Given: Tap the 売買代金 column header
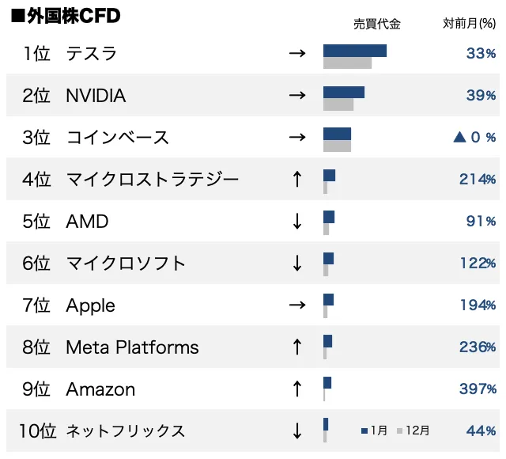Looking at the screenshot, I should [377, 24].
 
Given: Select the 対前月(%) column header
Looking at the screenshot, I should [469, 24].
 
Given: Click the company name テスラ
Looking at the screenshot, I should [92, 54].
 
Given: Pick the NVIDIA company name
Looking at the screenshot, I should [96, 96].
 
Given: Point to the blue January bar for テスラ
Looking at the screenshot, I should [354, 51].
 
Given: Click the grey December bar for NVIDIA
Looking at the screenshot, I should [338, 104].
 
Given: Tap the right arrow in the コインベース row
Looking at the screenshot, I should [297, 138].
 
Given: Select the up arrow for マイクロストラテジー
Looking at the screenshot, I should [297, 180].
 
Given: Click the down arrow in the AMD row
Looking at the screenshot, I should [297, 222].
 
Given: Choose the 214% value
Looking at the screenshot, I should [478, 180].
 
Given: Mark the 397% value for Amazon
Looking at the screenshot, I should [478, 389].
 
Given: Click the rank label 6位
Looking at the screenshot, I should [36, 264].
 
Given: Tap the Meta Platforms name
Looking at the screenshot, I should [132, 347].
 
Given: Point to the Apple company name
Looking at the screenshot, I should [90, 305].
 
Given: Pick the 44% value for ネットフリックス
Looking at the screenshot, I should [481, 431].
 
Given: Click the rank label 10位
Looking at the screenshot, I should [38, 431].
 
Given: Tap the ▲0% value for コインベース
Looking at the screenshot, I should [474, 138].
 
